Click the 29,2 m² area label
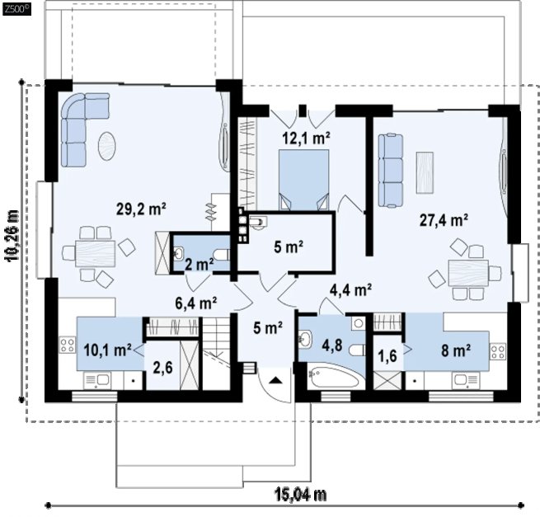[141, 209]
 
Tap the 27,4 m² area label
[444, 220]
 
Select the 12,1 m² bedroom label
[306, 139]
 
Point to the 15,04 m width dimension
[300, 496]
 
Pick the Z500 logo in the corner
[16, 9]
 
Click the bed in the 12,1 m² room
[303, 180]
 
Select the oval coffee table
[107, 147]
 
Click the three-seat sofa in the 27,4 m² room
[391, 171]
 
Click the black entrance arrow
[275, 380]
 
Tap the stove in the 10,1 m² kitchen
[68, 345]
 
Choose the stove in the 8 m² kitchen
[497, 352]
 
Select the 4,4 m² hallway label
[350, 290]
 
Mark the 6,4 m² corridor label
[196, 303]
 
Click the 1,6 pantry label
[387, 356]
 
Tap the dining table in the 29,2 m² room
[96, 254]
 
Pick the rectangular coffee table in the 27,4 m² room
[425, 172]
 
